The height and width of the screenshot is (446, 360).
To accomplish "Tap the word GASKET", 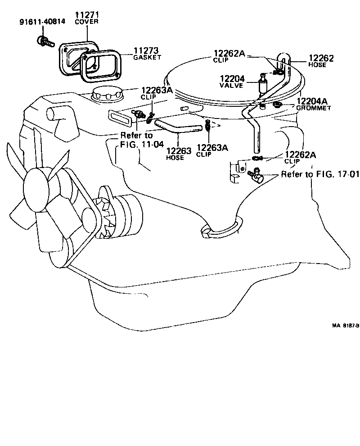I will tap(146, 58).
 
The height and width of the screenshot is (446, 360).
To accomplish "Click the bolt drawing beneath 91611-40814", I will tap(44, 42).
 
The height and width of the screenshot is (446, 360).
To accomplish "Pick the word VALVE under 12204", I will tap(232, 85).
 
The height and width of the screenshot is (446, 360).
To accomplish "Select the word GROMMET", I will tap(314, 108).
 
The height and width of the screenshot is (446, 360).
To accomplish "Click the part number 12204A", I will tap(312, 102).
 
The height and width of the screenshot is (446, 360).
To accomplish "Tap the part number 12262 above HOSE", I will tap(321, 59).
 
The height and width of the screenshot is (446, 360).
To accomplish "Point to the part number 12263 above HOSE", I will tap(178, 151).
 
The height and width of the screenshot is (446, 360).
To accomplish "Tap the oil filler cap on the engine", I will tap(104, 95).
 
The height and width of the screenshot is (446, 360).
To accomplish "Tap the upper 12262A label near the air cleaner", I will tap(229, 54).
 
